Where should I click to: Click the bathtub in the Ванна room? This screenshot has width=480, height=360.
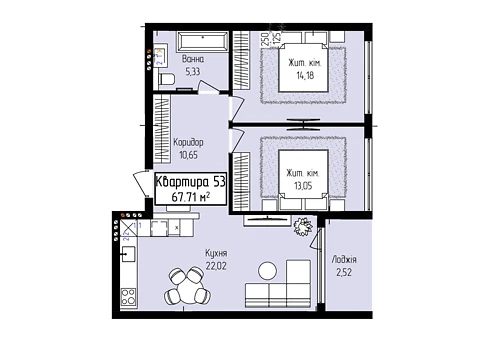tap(202, 42)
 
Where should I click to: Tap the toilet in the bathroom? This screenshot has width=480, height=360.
tap(167, 79)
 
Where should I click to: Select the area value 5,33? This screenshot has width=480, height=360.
tap(193, 71)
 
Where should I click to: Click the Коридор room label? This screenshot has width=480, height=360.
tap(188, 142)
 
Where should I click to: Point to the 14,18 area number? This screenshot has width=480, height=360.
tap(305, 75)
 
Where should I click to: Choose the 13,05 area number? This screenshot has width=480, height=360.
tap(303, 186)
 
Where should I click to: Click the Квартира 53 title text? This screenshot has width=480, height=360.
tap(191, 182)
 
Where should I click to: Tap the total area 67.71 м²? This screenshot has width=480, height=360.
tap(191, 197)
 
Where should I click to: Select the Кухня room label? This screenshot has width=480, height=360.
tap(216, 253)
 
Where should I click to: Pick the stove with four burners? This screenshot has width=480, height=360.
tap(128, 297)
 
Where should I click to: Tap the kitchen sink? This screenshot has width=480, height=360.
tap(128, 254)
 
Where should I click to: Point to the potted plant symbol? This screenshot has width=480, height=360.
tap(303, 227)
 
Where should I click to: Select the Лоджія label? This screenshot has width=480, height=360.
tap(344, 260)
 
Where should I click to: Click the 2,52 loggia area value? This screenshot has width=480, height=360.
tap(344, 273)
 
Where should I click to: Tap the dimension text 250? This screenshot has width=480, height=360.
tap(265, 39)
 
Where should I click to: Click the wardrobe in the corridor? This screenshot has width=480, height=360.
tap(162, 129)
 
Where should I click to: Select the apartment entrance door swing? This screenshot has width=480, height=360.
tap(140, 184)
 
